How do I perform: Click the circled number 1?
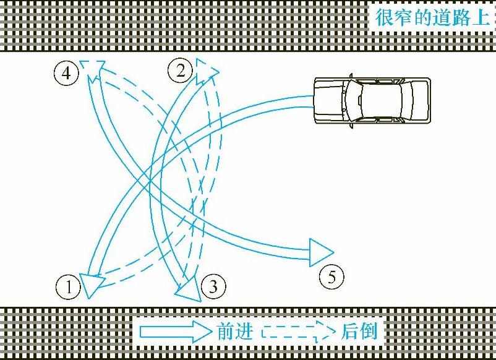click(x=69, y=287)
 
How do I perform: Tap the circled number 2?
click(x=181, y=71)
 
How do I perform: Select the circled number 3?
click(x=213, y=286)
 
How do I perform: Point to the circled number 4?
click(x=66, y=73)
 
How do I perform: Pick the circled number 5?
click(x=331, y=276)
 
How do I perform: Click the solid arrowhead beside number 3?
click(x=189, y=290)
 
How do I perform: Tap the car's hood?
click(x=330, y=100)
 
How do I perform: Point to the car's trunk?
click(x=420, y=100)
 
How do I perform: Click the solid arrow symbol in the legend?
click(x=176, y=332)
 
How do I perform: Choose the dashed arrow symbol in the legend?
click(x=299, y=332)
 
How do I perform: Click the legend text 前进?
click(x=235, y=332)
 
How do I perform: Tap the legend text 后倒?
click(x=359, y=331)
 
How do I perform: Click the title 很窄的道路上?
click(x=432, y=17)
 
